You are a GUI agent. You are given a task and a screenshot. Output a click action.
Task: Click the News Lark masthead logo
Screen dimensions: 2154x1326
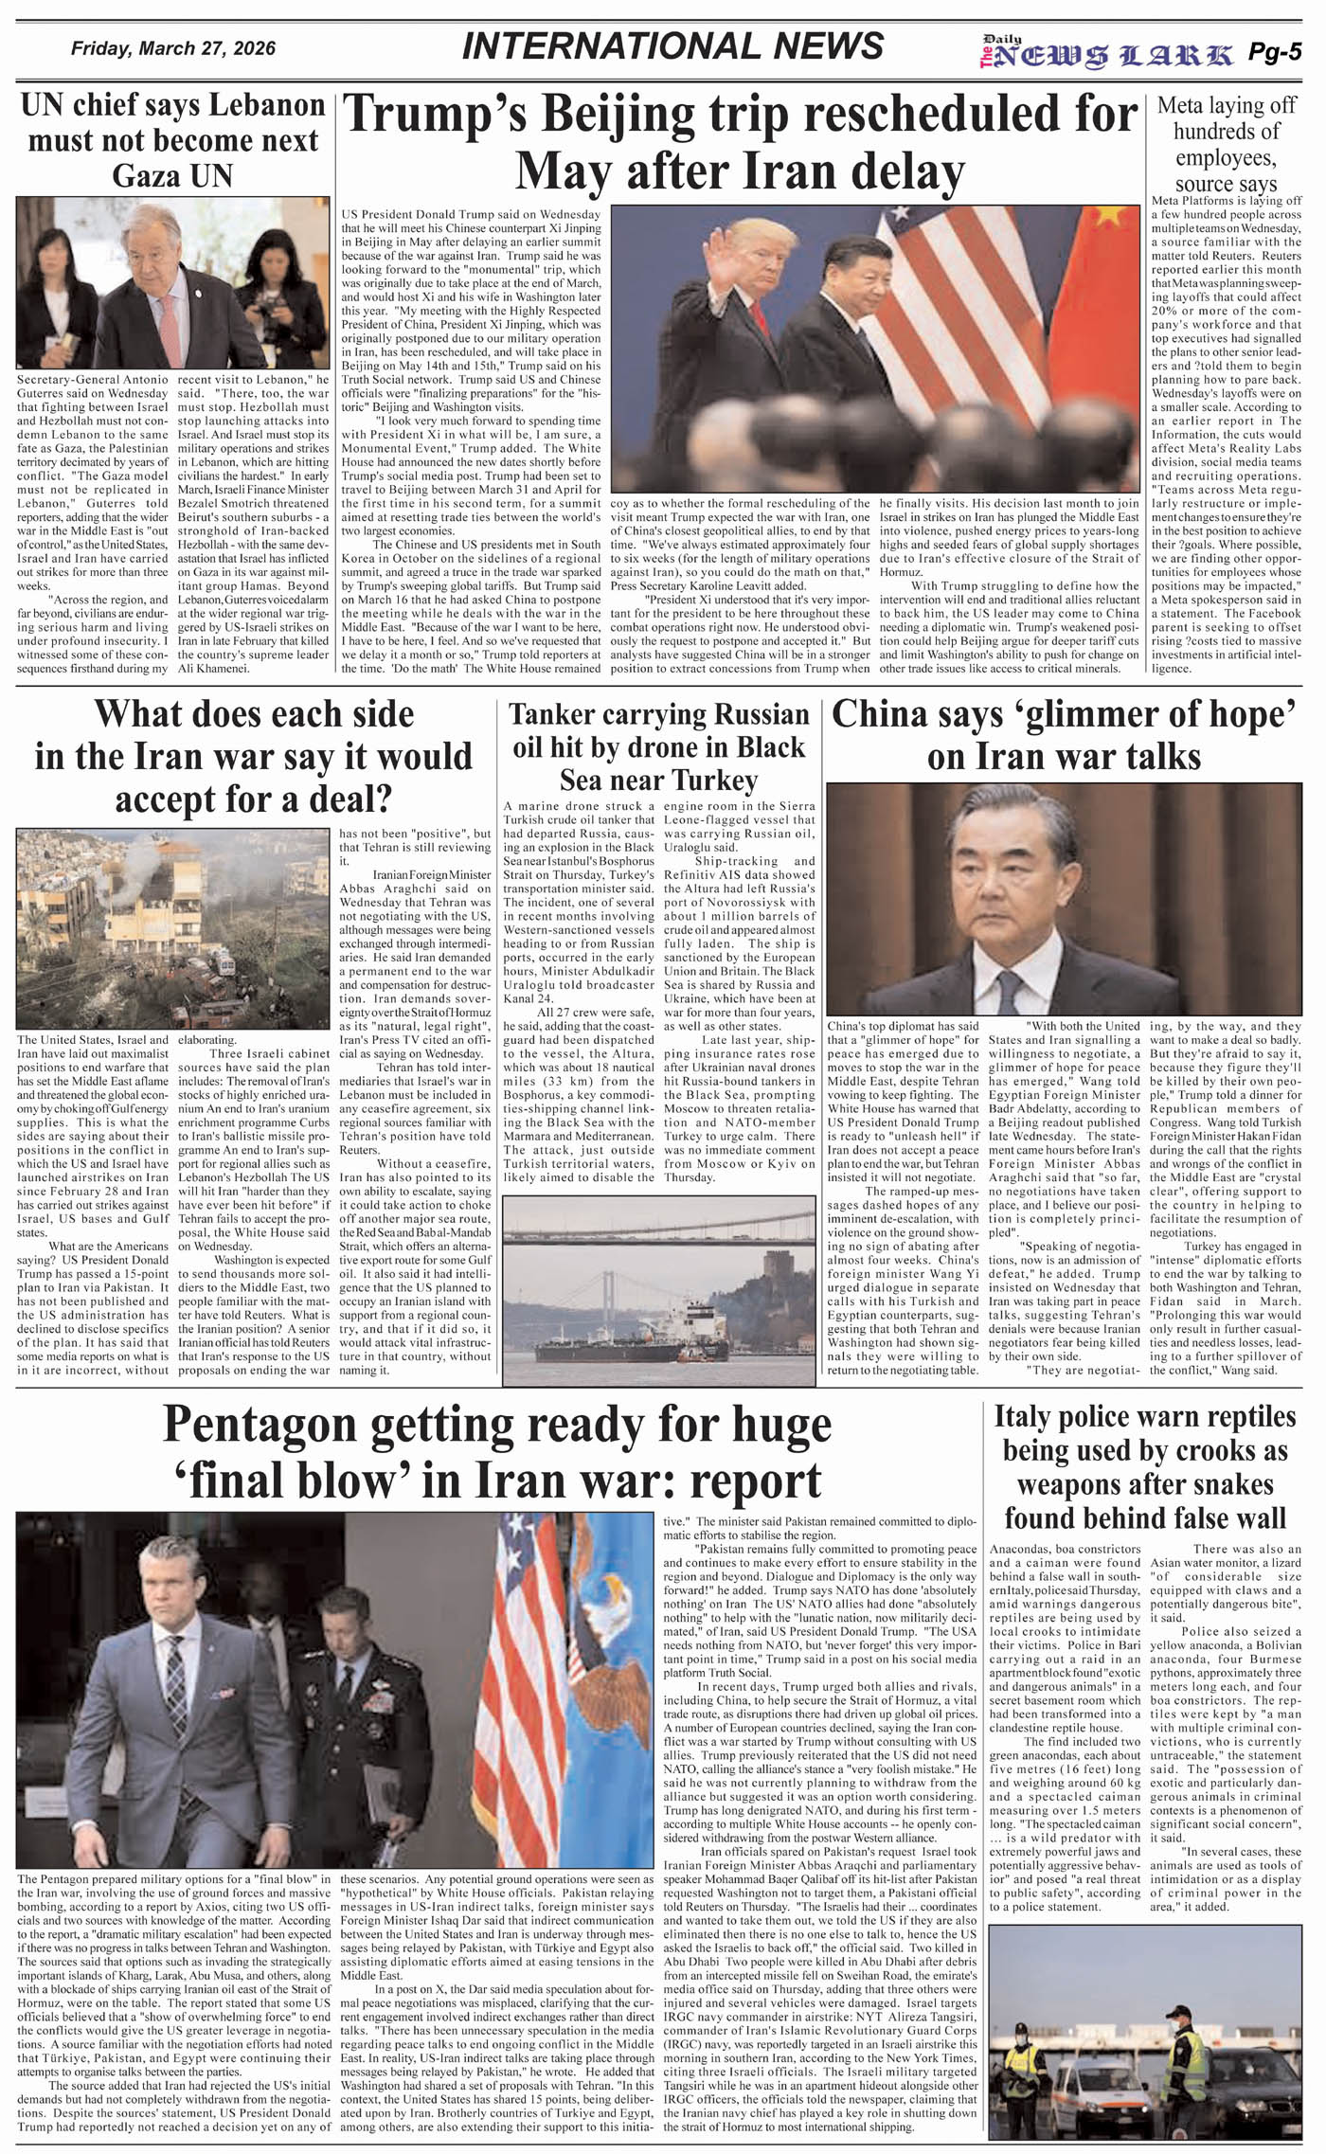[1106, 54]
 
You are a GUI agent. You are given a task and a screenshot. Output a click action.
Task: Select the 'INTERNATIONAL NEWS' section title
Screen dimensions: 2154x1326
[672, 46]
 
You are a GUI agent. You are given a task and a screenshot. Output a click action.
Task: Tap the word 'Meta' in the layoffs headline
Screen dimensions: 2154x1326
[1181, 106]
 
